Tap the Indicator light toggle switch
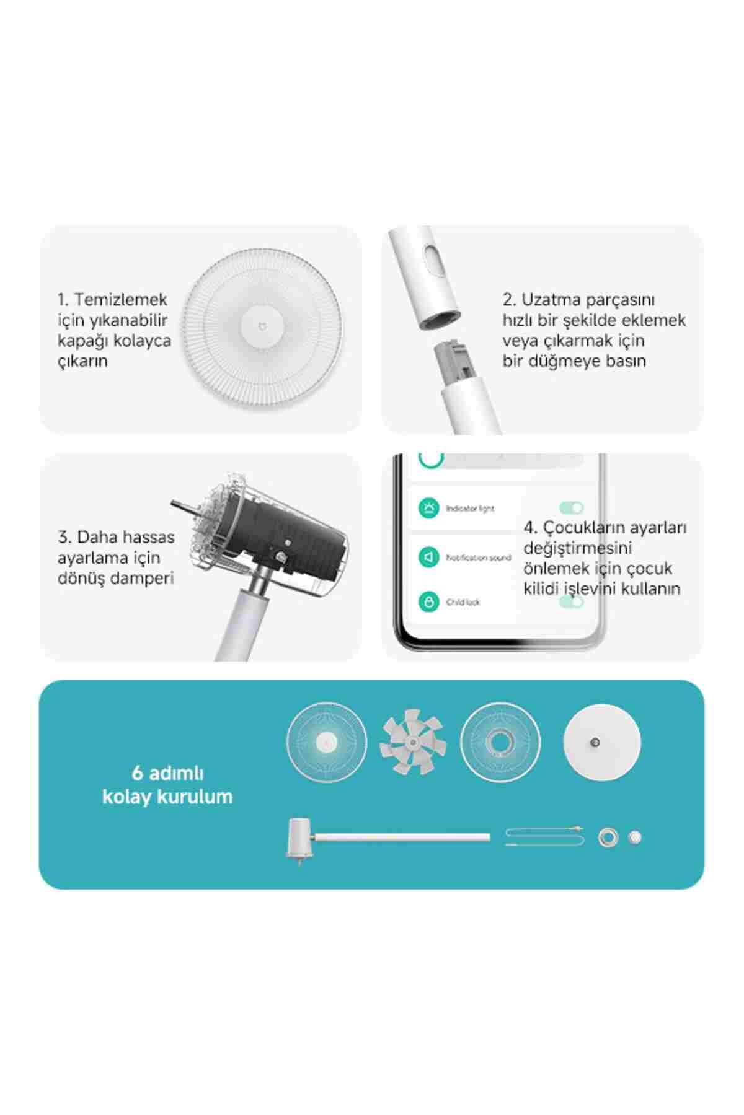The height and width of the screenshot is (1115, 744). pyautogui.click(x=572, y=509)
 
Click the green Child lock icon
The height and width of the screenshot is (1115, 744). pyautogui.click(x=428, y=601)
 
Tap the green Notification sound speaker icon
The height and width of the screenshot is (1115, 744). pyautogui.click(x=428, y=557)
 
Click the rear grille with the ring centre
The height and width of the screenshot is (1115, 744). pyautogui.click(x=502, y=742)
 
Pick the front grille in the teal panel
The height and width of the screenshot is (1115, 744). pyautogui.click(x=326, y=742)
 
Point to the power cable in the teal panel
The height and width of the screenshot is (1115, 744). pyautogui.click(x=544, y=837)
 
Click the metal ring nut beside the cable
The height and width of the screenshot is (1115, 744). pyautogui.click(x=608, y=838)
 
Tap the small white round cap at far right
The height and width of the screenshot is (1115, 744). pyautogui.click(x=634, y=837)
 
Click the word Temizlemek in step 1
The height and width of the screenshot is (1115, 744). pyautogui.click(x=121, y=300)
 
